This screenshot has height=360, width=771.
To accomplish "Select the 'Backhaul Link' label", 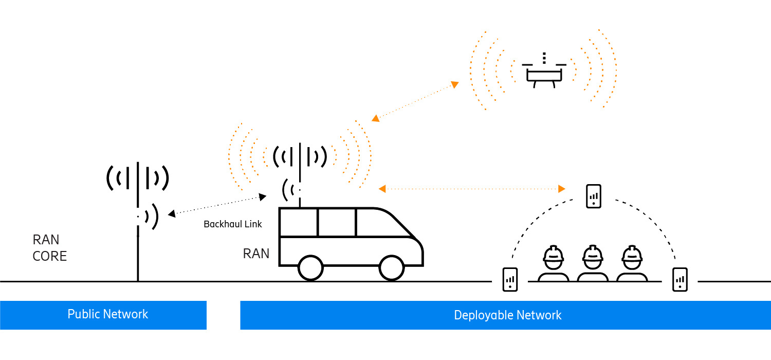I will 233,224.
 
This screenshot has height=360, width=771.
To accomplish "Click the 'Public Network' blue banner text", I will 108,314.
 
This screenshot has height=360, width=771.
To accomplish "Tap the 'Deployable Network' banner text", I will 507,315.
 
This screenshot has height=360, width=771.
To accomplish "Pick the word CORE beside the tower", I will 50,256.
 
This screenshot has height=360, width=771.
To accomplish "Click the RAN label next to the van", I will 256,254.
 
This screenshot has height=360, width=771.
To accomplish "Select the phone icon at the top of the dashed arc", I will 594,196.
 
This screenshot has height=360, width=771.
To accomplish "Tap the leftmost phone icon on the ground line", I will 510,279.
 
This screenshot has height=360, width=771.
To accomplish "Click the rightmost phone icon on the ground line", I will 680,279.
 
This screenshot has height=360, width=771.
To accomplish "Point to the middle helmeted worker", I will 593,263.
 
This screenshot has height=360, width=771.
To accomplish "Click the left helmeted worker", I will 554,263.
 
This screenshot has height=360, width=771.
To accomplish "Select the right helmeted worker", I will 632,263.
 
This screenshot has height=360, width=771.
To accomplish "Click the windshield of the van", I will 388,222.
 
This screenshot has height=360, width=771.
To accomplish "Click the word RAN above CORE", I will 46,240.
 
